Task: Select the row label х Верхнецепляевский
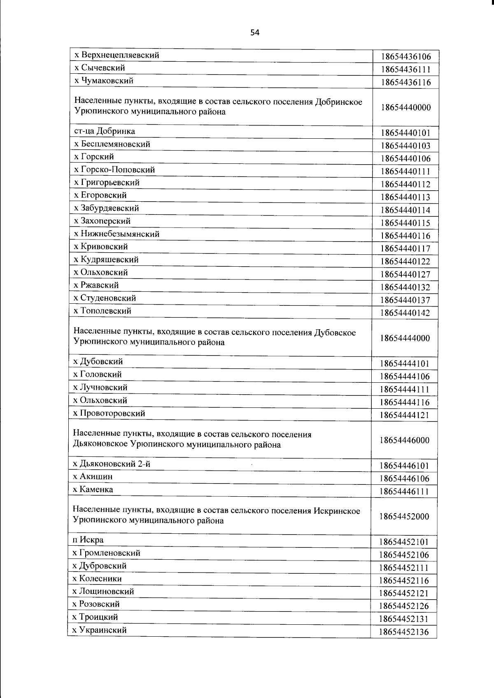click(117, 55)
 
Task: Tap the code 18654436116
click(405, 82)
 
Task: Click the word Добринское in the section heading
click(338, 102)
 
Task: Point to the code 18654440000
click(405, 108)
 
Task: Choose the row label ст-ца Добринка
click(105, 131)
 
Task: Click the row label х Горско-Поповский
click(114, 170)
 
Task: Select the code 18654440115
click(405, 223)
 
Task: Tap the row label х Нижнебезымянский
click(117, 234)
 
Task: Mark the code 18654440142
click(405, 313)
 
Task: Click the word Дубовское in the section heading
click(335, 332)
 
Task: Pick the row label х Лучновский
click(100, 387)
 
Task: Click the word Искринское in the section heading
click(337, 511)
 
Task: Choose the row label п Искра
click(88, 540)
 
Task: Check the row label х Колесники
click(97, 578)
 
